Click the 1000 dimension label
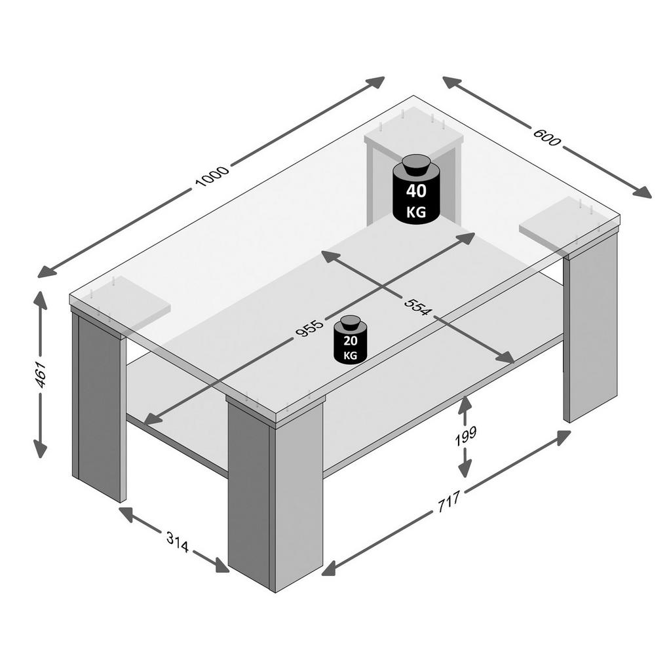tap(212, 176)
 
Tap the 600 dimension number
tap(546, 137)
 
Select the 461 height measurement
tap(41, 374)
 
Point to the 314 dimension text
tap(178, 543)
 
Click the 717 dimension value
tap(448, 501)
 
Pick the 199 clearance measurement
tap(466, 436)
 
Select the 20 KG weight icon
tap(351, 340)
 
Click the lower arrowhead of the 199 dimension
tap(465, 469)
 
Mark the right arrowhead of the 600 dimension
tap(642, 192)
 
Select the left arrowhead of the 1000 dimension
tap(47, 272)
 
